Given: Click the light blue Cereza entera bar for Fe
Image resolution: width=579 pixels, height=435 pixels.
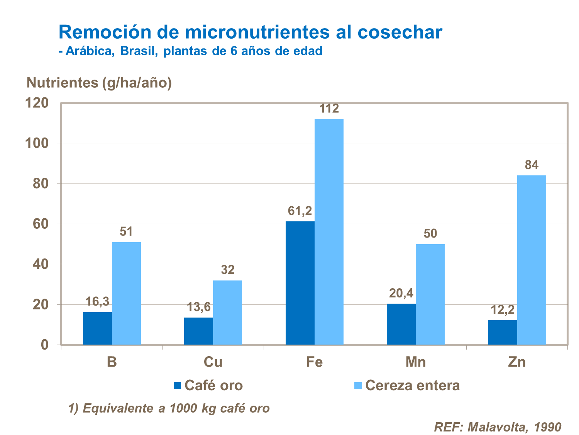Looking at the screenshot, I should pos(329,232).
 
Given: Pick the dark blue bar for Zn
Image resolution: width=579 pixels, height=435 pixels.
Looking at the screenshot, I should pos(503,332).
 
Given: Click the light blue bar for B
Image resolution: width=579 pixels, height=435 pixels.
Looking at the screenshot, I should pos(126,293).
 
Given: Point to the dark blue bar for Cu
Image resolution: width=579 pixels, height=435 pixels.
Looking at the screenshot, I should pos(198,331).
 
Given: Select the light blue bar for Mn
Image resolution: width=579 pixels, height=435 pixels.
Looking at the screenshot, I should pos(430,294).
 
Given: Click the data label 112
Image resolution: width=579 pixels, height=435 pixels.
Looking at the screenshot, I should pos(329,109).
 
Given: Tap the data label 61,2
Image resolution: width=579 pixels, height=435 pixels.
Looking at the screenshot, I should pos(300,211).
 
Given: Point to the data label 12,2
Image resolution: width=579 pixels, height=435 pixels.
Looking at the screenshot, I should pos(503,310).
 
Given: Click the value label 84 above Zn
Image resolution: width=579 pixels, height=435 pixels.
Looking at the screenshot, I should pos(532,165).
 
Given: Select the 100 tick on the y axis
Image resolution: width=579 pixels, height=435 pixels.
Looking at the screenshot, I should pos(37,143).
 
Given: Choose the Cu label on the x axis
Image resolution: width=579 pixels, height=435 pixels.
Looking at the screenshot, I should pos(213,362).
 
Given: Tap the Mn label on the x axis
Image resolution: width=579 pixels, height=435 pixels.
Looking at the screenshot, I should pos(416,362).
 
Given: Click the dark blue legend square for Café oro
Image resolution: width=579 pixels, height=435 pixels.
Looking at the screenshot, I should pos(178,386).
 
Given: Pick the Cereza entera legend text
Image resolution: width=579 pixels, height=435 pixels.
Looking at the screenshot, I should pos(412,386).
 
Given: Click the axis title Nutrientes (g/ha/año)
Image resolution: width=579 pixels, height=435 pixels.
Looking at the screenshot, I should pos(99,83).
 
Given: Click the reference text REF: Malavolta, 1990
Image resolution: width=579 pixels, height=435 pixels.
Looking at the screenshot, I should pos(498,427).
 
